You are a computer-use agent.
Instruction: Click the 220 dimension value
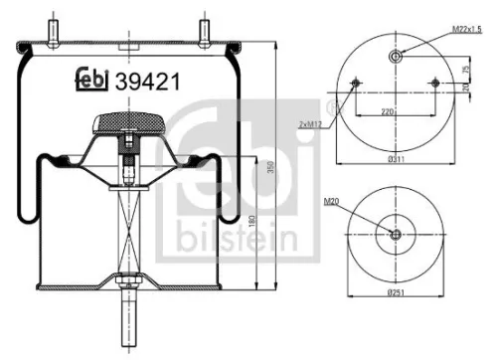[x=396, y=113]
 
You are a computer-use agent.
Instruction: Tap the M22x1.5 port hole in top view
[x=396, y=56]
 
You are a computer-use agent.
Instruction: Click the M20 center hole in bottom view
[x=396, y=235]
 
